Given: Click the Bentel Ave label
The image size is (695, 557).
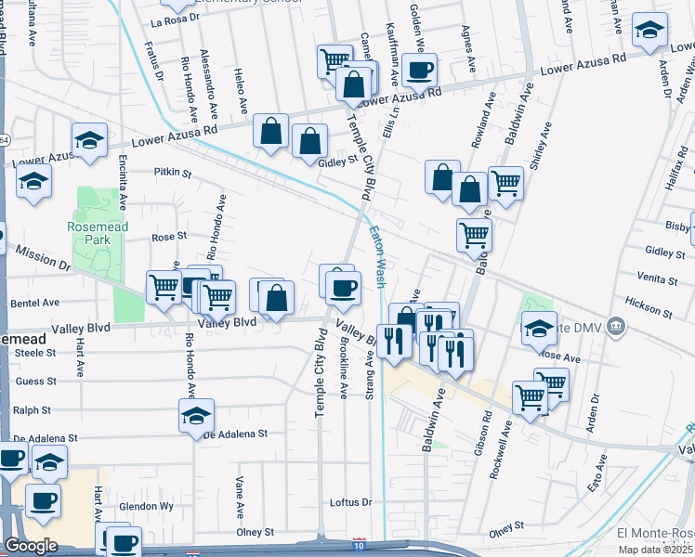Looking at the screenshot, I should tap(35, 303).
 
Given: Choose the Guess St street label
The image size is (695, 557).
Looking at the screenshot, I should tap(36, 381).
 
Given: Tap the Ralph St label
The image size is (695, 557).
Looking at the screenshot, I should tap(32, 409).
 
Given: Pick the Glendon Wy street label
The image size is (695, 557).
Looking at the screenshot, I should tap(147, 507).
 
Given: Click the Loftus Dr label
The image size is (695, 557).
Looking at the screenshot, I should tap(351, 502).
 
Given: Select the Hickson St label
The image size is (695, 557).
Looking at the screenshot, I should tap(649, 303).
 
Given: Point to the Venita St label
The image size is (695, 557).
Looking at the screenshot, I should tap(658, 277).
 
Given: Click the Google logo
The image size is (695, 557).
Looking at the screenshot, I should tap(31, 545).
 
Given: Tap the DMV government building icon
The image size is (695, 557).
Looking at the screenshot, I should tap(615, 326).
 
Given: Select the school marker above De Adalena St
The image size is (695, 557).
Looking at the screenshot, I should tap(197, 415).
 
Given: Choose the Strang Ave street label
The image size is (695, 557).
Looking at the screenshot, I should tap(371, 375).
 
